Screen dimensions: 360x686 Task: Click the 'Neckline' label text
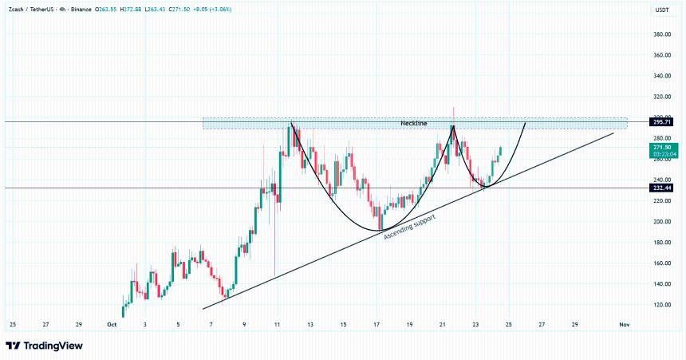(413, 124)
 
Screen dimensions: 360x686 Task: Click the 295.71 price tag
(662, 122)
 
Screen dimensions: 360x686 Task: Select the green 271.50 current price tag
(662, 148)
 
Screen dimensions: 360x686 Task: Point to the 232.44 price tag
(662, 188)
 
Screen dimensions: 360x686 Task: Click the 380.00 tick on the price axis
(661, 35)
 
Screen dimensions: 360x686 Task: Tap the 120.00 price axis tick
(661, 305)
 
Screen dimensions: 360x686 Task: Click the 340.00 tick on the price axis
(661, 77)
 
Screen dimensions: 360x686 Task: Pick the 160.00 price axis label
(661, 263)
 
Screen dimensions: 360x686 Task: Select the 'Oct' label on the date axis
(112, 325)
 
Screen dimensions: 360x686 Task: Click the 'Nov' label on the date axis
(625, 325)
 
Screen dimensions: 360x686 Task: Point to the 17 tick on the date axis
(376, 325)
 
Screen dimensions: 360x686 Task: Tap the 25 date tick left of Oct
(12, 325)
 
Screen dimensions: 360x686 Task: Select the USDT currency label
(661, 10)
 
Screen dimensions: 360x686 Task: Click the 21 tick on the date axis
(442, 325)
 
